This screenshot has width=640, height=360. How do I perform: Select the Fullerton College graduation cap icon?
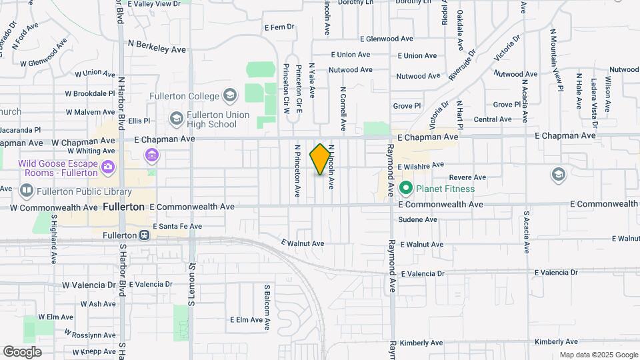click(229, 95)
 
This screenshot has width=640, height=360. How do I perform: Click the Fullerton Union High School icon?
click(176, 119)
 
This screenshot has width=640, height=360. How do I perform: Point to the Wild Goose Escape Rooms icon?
click(109, 166)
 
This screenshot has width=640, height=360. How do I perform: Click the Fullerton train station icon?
click(144, 235)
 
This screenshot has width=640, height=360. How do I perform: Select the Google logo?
click(21, 352)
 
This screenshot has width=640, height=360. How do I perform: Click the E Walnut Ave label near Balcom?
click(303, 243)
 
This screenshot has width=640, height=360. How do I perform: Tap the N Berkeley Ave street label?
click(157, 49)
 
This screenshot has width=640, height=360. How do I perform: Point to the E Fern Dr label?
click(279, 28)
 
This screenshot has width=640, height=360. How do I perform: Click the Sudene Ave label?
click(418, 219)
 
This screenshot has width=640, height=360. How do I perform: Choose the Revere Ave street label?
click(467, 177)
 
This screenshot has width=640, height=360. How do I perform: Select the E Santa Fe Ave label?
click(177, 227)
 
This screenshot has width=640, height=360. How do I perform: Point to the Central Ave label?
click(492, 119)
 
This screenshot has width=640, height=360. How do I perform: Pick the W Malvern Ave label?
click(91, 112)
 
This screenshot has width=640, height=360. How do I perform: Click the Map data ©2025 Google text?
click(599, 355)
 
